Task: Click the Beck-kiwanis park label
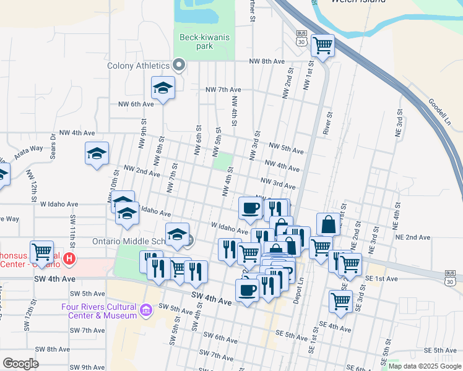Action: click(x=204, y=41)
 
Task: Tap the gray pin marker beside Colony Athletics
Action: click(x=180, y=65)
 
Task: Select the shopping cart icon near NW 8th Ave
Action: click(x=322, y=45)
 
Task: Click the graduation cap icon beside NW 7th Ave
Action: click(x=163, y=88)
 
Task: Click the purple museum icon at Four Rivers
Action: click(x=146, y=309)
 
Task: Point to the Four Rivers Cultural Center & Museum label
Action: click(x=99, y=311)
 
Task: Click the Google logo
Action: click(x=21, y=363)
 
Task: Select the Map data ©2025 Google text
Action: click(x=424, y=366)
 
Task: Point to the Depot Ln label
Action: click(x=301, y=288)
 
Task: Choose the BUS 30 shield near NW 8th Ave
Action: click(x=301, y=38)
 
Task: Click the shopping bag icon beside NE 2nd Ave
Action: click(x=328, y=224)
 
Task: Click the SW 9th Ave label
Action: click(x=87, y=367)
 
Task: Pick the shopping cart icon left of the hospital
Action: click(x=41, y=252)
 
